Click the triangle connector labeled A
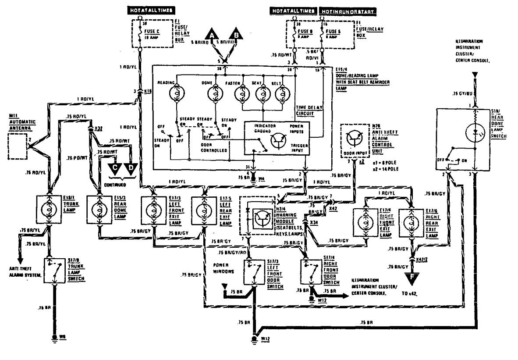coord(213,34)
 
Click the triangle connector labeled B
coord(236,34)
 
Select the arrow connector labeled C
coord(115,168)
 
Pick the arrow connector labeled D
coord(130,168)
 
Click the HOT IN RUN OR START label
coord(349,10)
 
